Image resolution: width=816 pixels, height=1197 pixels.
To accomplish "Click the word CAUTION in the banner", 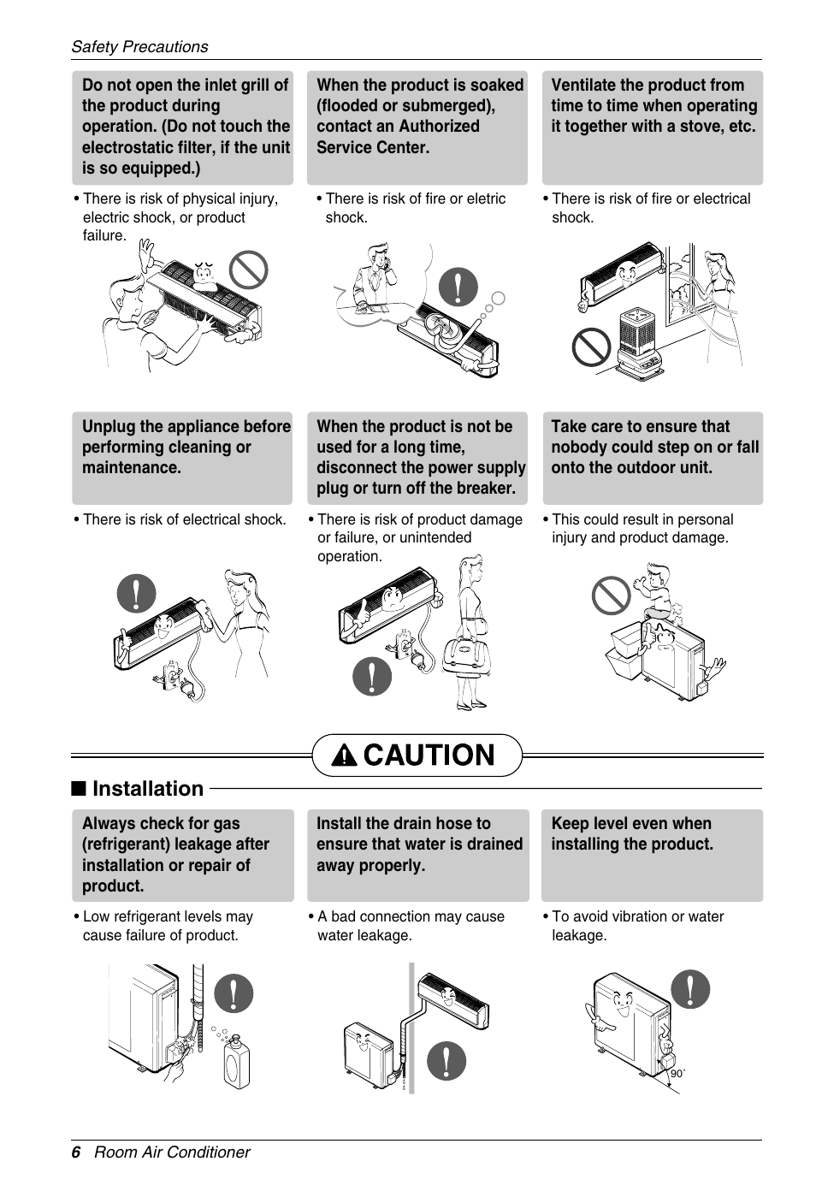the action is point(429,755).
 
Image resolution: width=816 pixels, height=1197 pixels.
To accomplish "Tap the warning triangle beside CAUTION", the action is point(344,756).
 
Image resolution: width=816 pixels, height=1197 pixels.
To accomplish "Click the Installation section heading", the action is point(148,789).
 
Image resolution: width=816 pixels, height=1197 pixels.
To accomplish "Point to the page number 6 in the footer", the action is point(76,1153).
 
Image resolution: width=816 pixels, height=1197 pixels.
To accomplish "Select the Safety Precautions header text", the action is point(140,46).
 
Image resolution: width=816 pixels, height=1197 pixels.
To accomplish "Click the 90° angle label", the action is point(677,1074).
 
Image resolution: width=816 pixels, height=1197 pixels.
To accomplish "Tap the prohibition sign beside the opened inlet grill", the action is point(249,270).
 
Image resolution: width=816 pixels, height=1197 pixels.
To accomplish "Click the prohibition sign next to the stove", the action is point(591,347).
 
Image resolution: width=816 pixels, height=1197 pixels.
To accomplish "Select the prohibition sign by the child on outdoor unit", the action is point(612,596).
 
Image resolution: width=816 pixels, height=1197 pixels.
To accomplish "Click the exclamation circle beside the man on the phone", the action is point(458,287).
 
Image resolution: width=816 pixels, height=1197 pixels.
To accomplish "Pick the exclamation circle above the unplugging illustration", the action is point(136,593).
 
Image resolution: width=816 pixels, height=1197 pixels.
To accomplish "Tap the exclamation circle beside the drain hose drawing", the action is point(446,1061).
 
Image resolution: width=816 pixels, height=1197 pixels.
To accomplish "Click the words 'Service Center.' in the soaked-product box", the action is point(373,147).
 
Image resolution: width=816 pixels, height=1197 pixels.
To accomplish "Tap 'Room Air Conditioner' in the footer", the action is point(172,1153).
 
